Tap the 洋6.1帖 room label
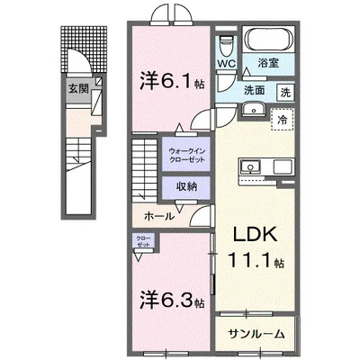pyautogui.click(x=168, y=80)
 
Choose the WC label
pyautogui.click(x=226, y=64)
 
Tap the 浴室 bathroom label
pyautogui.click(x=266, y=64)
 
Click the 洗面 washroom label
pyautogui.click(x=253, y=90)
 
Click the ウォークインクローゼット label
pyautogui.click(x=185, y=154)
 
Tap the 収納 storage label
pyautogui.click(x=185, y=187)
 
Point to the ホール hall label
pyautogui.click(x=159, y=217)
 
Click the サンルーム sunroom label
pyautogui.click(x=256, y=333)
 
